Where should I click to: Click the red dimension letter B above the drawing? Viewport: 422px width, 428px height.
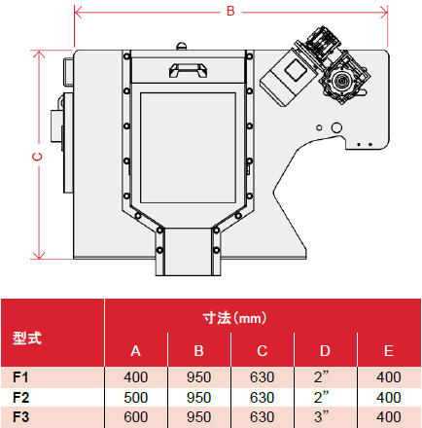pos(230,11)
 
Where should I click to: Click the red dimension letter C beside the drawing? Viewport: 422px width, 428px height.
pos(38,157)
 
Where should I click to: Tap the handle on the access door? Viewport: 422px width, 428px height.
pos(189,70)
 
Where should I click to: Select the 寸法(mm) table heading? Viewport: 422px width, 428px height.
pos(234,318)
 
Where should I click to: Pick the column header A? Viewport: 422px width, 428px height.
pos(135,351)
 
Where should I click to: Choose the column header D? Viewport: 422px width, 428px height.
pos(325,351)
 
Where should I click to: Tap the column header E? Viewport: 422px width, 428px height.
pos(389,351)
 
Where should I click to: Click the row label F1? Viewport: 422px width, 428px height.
pos(20,377)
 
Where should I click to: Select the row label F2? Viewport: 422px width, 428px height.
pos(20,397)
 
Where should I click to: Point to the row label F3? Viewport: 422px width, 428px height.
pos(20,417)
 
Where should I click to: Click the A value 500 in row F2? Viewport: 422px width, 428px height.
pos(135,397)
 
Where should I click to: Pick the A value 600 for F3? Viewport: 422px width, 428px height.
pos(135,417)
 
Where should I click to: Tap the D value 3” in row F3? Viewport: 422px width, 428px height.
pos(321,416)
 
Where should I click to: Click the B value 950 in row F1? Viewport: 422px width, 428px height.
pos(198,377)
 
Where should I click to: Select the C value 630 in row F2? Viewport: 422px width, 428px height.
pos(262,397)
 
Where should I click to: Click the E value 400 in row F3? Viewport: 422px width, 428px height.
pos(389,417)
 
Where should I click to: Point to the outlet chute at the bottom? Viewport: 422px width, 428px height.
pos(188,252)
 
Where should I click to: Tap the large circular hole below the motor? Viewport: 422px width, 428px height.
pos(336,127)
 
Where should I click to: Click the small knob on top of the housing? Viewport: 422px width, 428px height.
pos(182,46)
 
